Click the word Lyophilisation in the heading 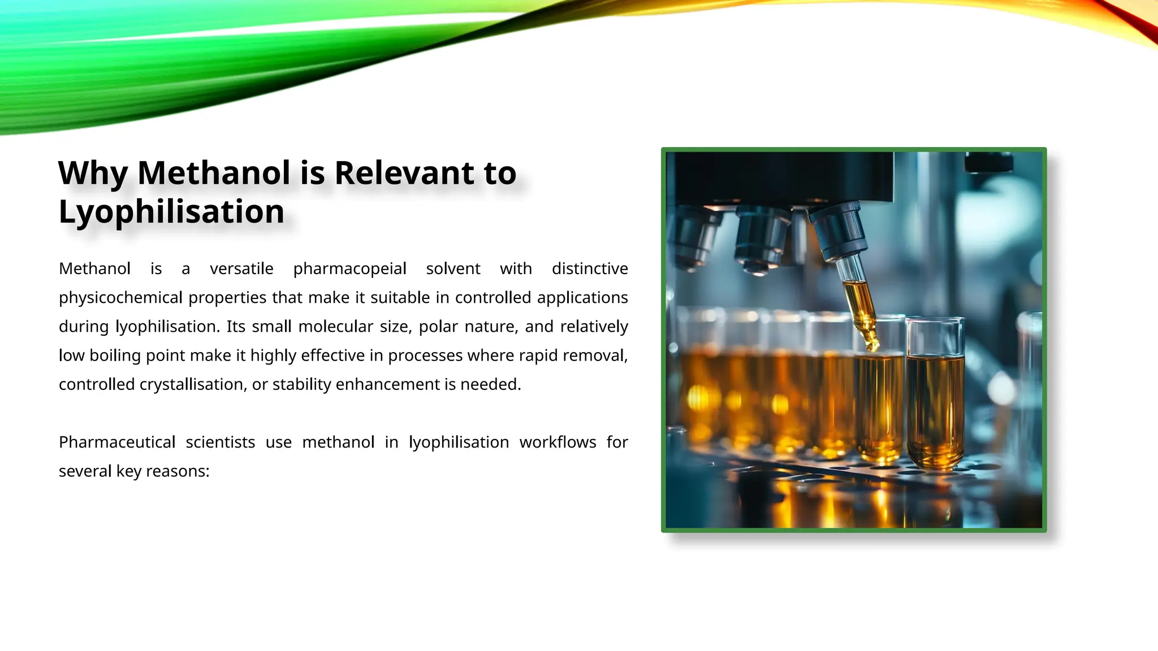click(171, 212)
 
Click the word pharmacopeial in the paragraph click(349, 268)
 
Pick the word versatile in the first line click(241, 268)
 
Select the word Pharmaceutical click(117, 442)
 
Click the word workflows click(558, 442)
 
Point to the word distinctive click(590, 268)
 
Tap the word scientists click(221, 442)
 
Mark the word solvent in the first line click(453, 268)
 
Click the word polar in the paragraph click(438, 327)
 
